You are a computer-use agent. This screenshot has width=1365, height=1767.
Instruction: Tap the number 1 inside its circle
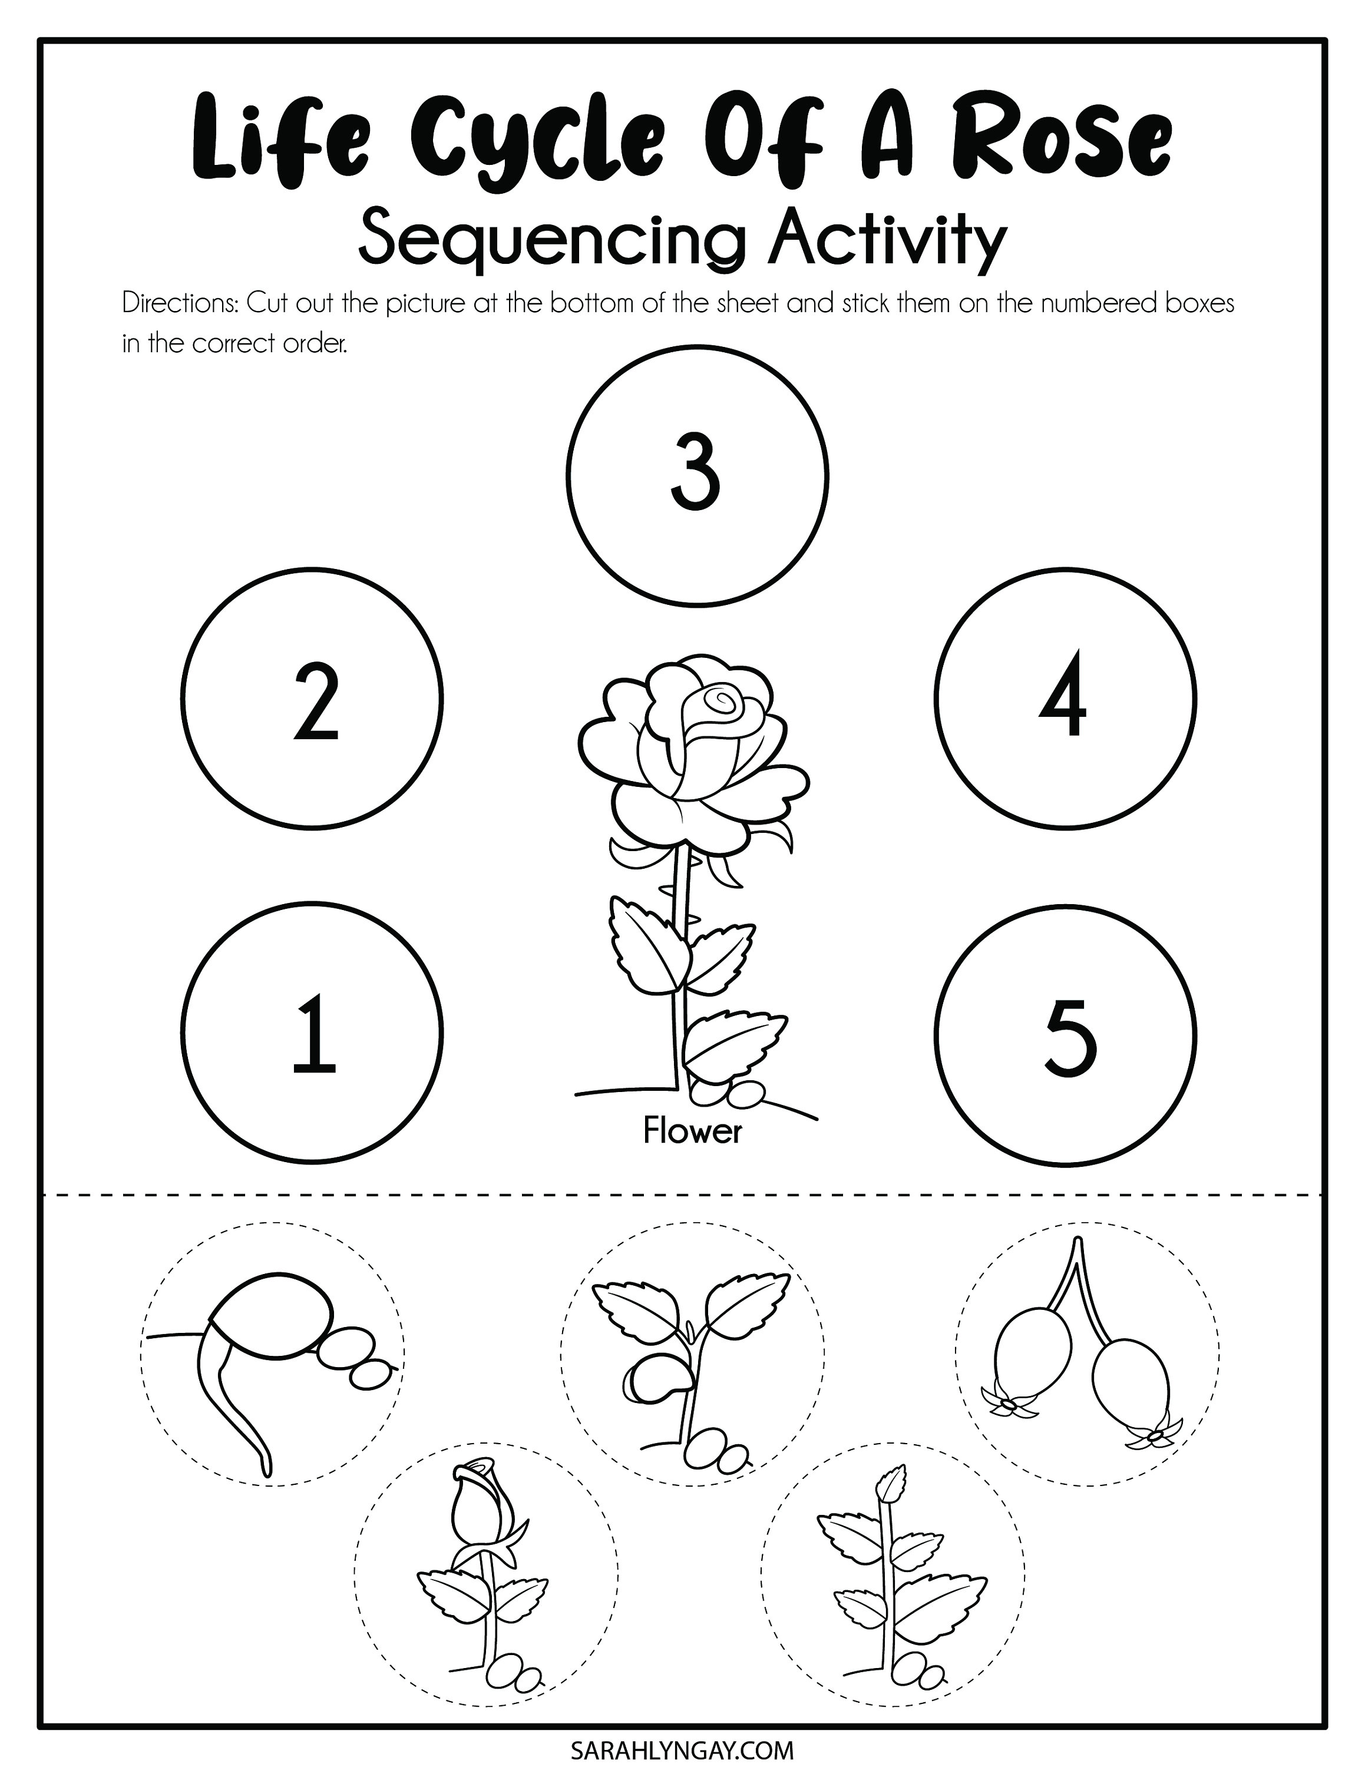coord(314,1035)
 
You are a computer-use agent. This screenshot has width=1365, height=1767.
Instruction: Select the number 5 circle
coord(1066,1035)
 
